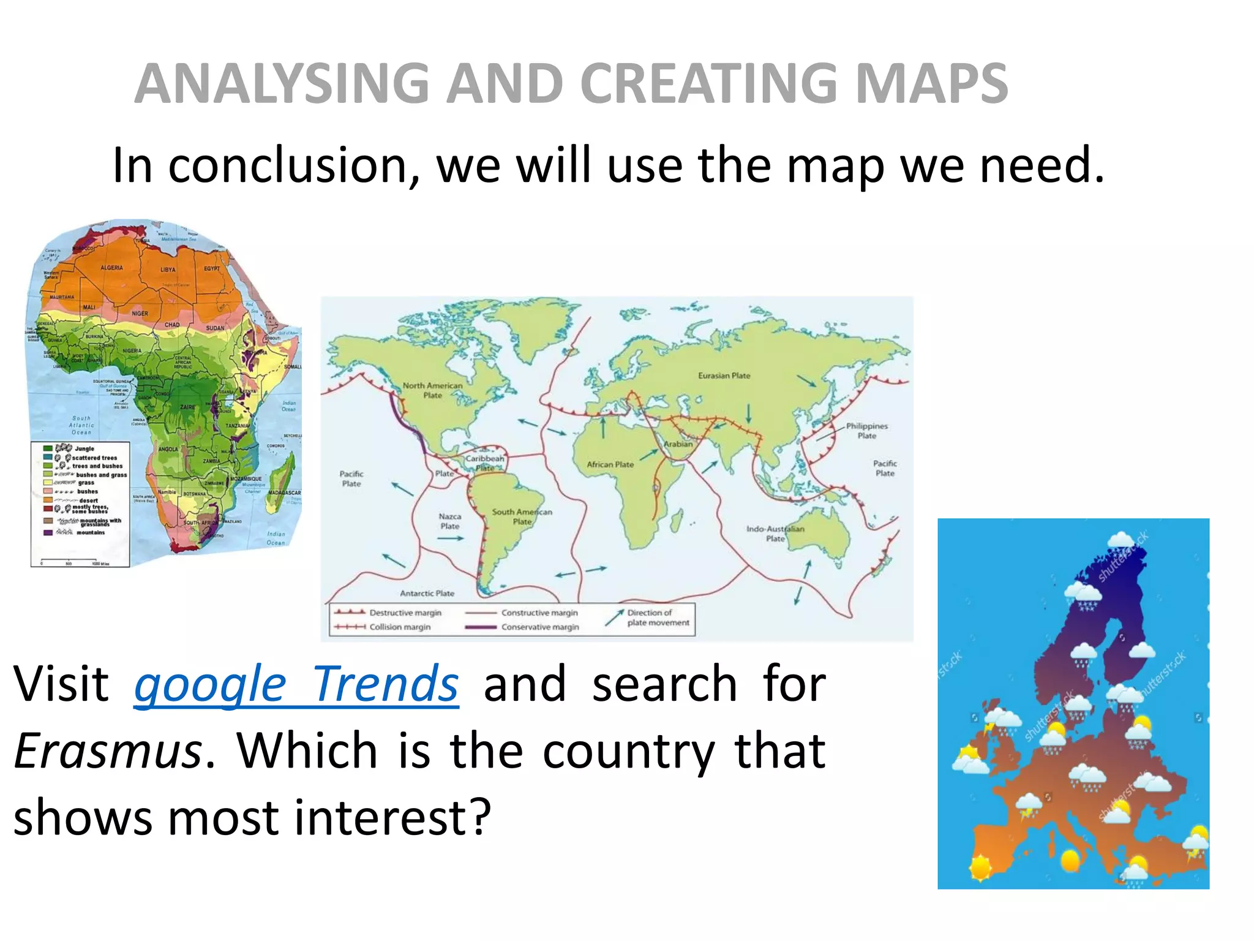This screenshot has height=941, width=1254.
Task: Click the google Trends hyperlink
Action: [x=296, y=684]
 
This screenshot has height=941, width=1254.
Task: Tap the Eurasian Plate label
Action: [x=724, y=376]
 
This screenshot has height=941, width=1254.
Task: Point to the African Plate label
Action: [x=610, y=464]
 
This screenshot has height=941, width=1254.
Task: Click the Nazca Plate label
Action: [x=449, y=521]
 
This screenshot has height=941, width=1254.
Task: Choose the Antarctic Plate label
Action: [x=427, y=593]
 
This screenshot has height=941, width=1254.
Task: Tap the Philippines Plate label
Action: [x=866, y=431]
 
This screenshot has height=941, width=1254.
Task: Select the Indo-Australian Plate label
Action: [x=775, y=534]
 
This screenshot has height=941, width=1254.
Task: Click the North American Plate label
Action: [x=432, y=390]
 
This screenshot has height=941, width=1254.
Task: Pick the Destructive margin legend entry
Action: [x=405, y=613]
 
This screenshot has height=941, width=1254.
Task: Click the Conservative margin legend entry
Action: [x=539, y=627]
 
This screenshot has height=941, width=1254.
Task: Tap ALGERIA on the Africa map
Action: [x=111, y=268]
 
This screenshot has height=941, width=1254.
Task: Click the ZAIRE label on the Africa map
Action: [x=187, y=407]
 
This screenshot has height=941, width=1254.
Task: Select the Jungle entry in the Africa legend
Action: [x=84, y=448]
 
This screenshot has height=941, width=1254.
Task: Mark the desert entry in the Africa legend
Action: [x=88, y=501]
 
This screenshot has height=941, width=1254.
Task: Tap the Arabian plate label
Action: [x=678, y=444]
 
